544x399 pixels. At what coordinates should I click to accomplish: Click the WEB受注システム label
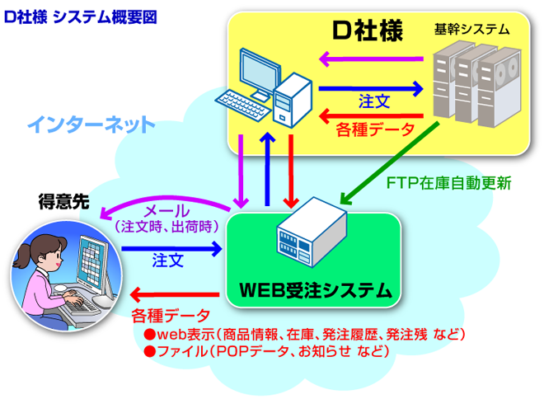(x=314, y=290)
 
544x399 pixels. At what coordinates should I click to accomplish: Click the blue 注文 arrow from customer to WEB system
(x=172, y=246)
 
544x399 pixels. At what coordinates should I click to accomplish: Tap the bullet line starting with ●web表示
(x=305, y=334)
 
